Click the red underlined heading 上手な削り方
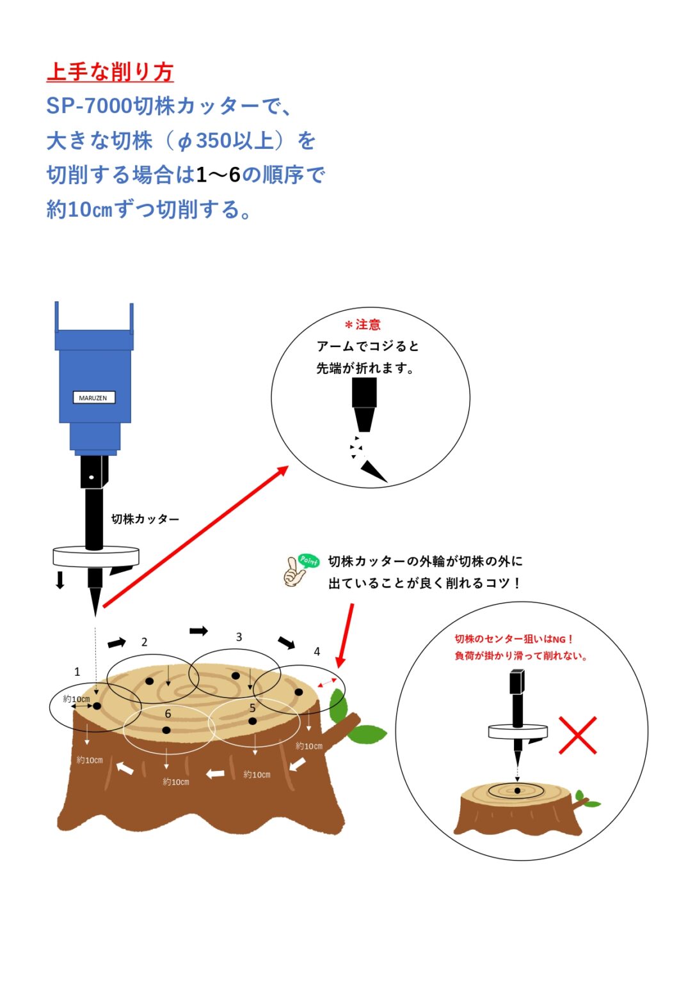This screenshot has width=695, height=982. click(110, 72)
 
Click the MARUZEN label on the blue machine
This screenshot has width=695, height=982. click(93, 398)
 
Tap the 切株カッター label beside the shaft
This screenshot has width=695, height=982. click(145, 519)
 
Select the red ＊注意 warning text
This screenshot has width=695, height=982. click(363, 325)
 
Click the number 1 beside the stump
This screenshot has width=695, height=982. click(77, 671)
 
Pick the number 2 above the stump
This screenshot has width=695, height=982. click(144, 642)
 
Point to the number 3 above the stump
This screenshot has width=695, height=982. click(239, 637)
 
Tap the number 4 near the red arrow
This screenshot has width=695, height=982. click(317, 651)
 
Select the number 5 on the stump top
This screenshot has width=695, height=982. click(252, 708)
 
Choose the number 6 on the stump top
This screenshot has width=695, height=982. click(168, 713)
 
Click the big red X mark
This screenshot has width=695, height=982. click(577, 735)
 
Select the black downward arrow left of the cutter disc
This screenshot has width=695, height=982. click(60, 579)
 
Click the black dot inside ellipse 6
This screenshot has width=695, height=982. click(166, 730)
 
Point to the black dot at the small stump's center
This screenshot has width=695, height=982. click(517, 791)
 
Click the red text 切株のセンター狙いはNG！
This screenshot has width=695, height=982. click(513, 639)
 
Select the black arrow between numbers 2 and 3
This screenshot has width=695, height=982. click(198, 631)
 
